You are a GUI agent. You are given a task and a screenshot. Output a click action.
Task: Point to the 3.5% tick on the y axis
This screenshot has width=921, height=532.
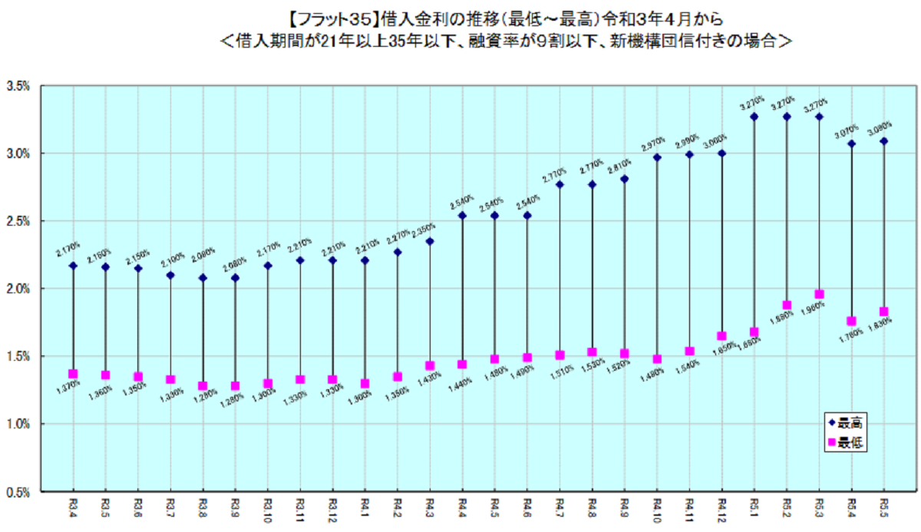18,87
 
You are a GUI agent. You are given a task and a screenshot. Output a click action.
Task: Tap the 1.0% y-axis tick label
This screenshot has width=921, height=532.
18,424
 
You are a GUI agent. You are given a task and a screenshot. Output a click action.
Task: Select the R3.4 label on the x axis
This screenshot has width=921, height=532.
73,507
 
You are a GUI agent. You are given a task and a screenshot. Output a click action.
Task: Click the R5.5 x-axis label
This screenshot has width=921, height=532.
883,507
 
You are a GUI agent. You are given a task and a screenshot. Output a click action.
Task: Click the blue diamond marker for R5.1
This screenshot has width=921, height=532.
754,117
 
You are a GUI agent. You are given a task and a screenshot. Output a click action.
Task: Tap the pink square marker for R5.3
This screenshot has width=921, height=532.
819,294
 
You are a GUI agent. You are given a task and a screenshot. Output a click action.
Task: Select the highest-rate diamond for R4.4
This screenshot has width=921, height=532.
462,215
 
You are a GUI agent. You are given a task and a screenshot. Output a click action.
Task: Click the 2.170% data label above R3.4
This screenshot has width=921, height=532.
68,249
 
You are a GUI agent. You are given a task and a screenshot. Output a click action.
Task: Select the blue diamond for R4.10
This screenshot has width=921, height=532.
657,157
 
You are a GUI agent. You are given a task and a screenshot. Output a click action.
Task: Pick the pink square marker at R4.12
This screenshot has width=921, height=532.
721,335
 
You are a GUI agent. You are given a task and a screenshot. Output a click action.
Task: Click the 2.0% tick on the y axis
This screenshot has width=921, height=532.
18,289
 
